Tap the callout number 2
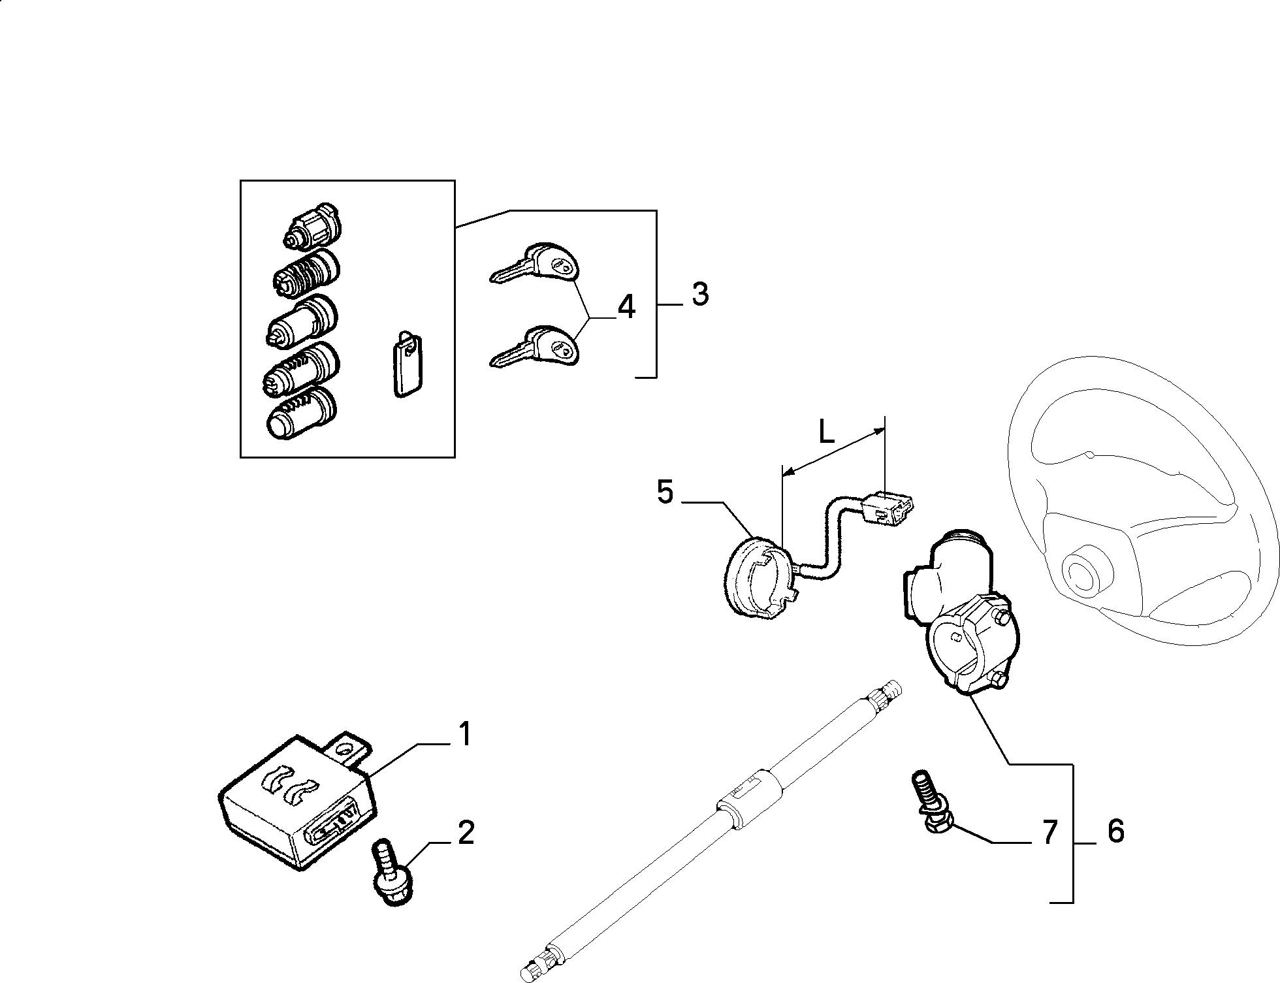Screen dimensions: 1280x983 pos(466,833)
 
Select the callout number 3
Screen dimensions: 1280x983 pos(699,295)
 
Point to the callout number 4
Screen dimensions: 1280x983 pos(626,307)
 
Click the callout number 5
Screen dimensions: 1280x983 pos(665,492)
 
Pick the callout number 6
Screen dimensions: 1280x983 pos(1116,831)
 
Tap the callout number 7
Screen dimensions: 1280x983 pos(1049,832)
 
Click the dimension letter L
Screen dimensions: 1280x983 pos(827,432)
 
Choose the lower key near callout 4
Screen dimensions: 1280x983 pos(534,347)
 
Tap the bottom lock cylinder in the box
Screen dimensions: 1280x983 pos(301,411)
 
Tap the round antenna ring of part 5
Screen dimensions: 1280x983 pos(760,577)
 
